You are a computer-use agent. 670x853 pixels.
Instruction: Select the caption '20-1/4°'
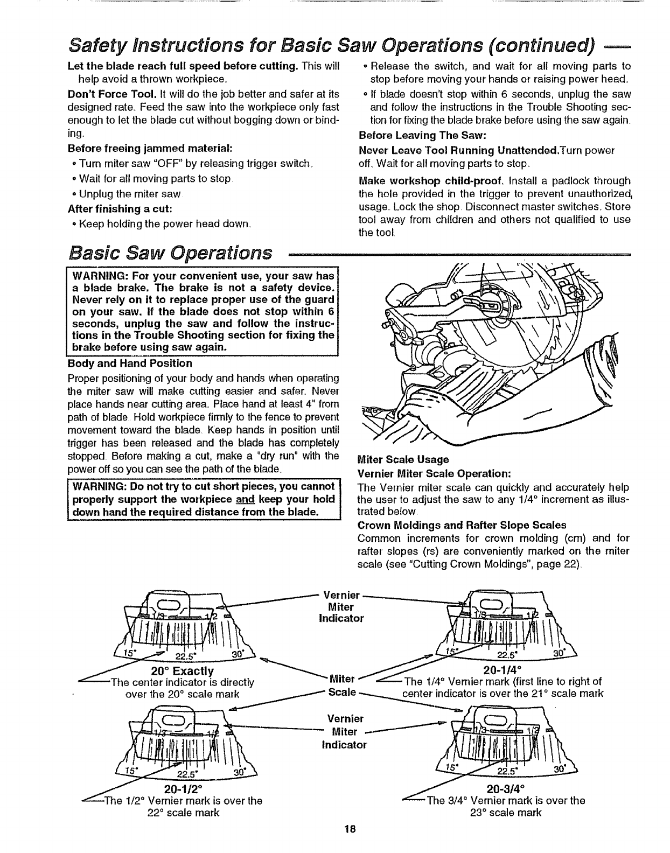[x=502, y=670]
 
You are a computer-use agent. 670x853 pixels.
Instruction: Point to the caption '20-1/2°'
[x=184, y=790]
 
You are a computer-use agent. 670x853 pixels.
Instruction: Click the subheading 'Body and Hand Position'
[x=129, y=363]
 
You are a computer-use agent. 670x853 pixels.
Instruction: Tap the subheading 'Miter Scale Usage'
[x=403, y=459]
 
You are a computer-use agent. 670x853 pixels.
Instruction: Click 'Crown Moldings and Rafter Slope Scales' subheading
[x=462, y=525]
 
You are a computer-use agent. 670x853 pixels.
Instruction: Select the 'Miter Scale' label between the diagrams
[x=343, y=684]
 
